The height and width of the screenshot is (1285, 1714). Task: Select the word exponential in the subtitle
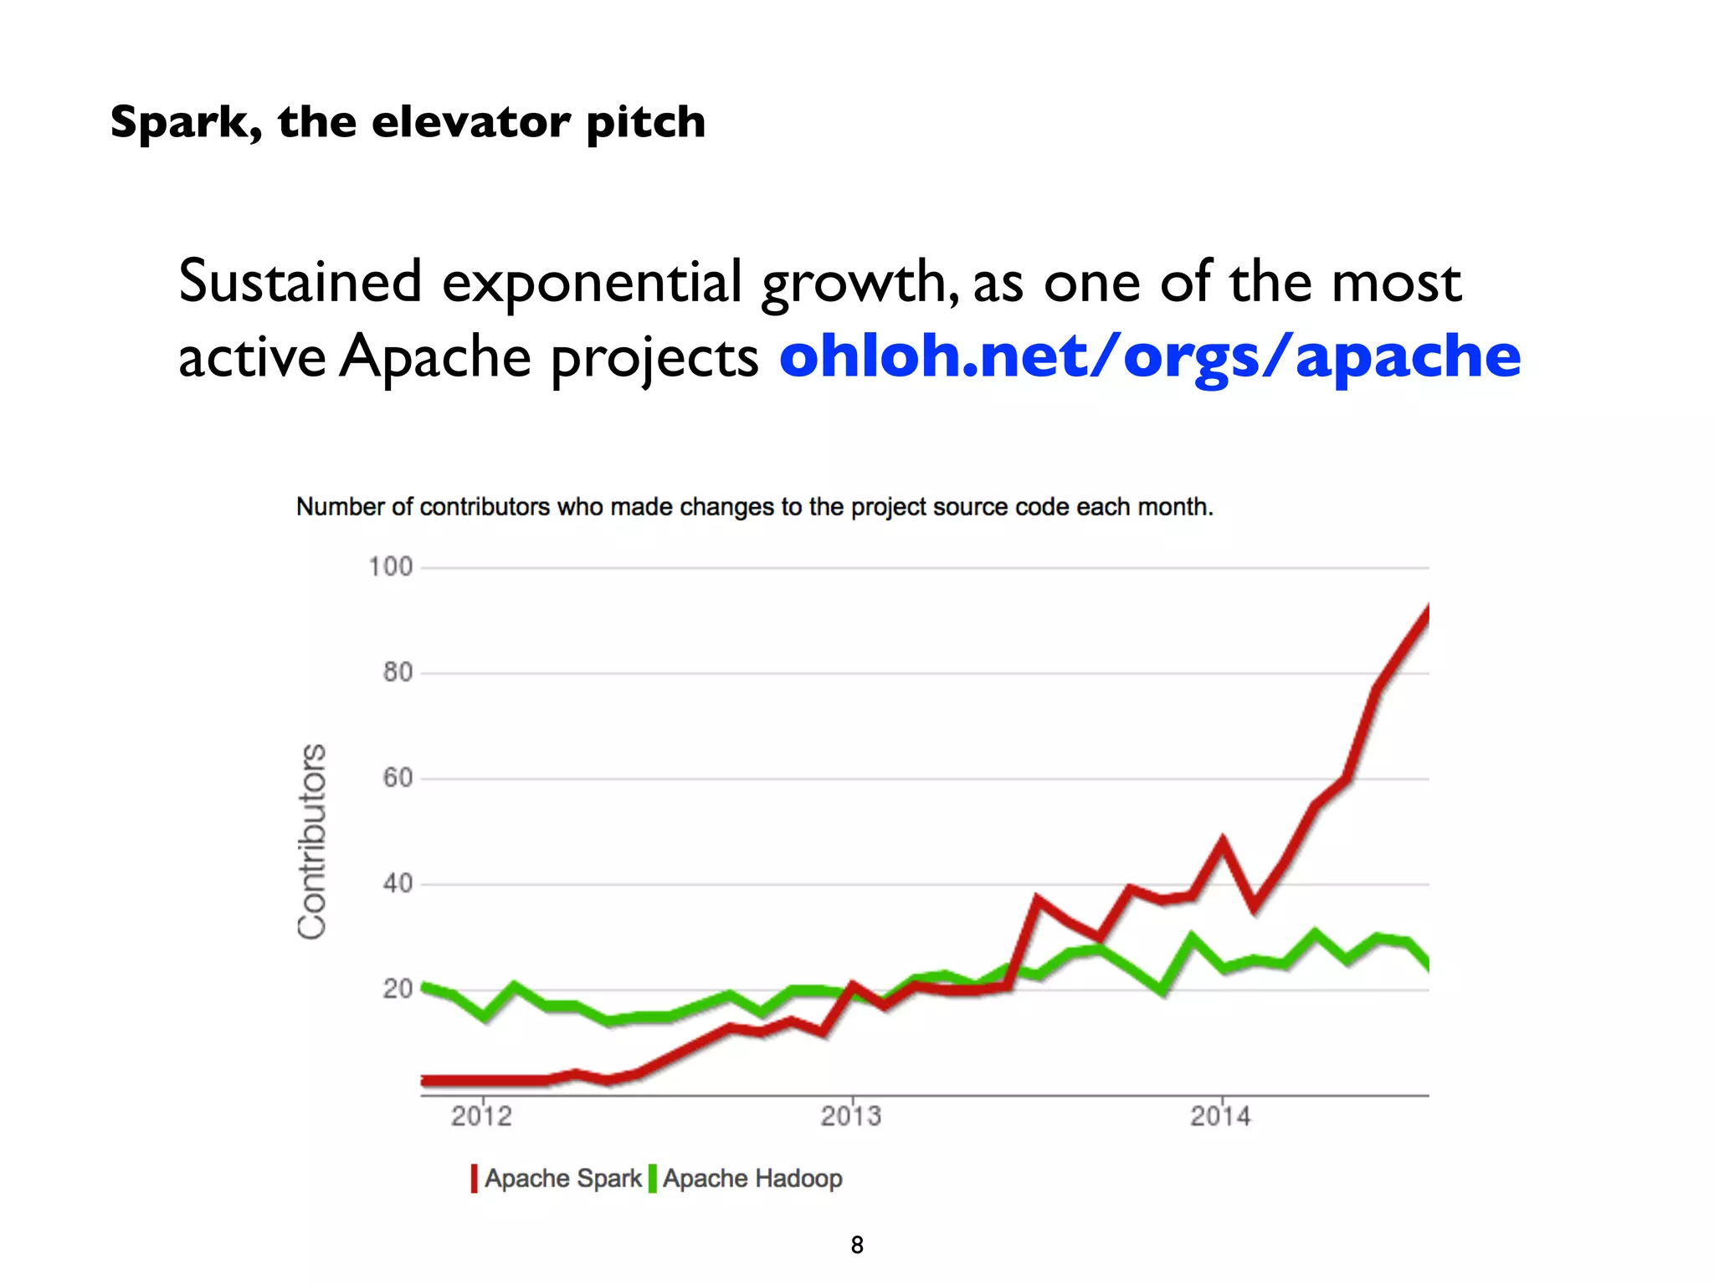592,282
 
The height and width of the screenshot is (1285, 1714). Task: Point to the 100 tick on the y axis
391,567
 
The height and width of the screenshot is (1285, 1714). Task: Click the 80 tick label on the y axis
398,673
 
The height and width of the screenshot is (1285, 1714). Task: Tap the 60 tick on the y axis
398,778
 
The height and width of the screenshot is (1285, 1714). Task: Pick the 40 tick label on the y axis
398,883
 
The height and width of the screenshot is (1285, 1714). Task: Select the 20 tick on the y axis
398,989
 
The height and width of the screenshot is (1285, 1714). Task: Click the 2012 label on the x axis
481,1116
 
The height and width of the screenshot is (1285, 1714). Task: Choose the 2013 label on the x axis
851,1116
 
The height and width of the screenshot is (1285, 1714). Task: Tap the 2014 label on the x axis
1221,1116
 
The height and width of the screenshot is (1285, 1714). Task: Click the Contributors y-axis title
312,841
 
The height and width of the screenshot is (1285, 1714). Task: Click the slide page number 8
857,1245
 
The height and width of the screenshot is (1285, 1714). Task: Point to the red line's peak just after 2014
1223,841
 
